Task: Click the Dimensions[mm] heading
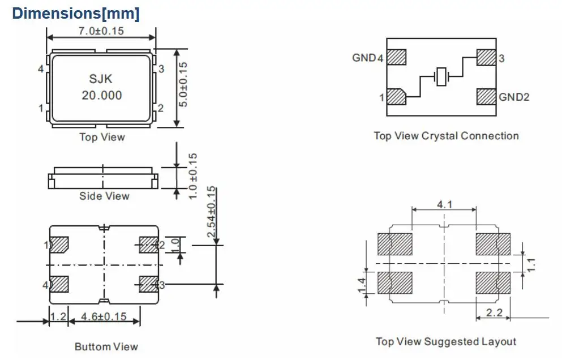click(76, 14)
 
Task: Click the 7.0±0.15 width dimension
click(101, 31)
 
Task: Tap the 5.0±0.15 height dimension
click(183, 84)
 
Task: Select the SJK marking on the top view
click(101, 79)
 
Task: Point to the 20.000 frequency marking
click(102, 96)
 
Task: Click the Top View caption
click(102, 137)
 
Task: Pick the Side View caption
click(104, 196)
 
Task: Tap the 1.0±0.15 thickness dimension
click(193, 176)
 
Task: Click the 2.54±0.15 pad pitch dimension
click(212, 212)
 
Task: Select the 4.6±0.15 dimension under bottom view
click(104, 316)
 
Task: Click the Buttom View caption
click(106, 347)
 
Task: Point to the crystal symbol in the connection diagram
click(441, 76)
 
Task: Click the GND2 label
click(514, 97)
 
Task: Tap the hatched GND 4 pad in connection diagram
click(396, 57)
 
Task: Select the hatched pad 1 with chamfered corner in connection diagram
click(396, 97)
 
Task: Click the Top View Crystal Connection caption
click(446, 136)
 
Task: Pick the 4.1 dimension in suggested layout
click(444, 205)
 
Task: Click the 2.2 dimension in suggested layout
click(494, 312)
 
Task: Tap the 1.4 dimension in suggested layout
click(362, 285)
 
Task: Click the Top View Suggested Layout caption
click(446, 342)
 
